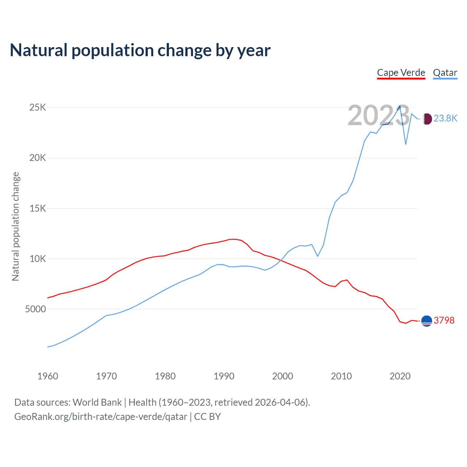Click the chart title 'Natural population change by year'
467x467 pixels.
coord(140,50)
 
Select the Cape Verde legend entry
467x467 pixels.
coord(401,73)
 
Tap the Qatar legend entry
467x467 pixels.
coord(445,73)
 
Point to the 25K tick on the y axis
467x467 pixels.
coord(38,108)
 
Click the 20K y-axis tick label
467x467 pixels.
coord(38,158)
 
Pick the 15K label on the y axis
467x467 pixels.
coord(38,208)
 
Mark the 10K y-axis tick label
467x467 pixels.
coord(38,259)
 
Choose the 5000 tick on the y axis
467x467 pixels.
coord(35,309)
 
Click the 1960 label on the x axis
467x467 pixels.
coord(48,376)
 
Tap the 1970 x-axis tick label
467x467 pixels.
coord(107,376)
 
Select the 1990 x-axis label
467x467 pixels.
coord(224,376)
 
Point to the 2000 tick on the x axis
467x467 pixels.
coord(283,376)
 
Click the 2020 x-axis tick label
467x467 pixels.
coord(400,376)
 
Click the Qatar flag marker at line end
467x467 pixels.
coord(427,119)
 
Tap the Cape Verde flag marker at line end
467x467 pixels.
coord(427,321)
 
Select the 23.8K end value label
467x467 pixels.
coord(445,119)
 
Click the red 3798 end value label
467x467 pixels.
coord(444,321)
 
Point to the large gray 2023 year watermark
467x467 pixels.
coord(379,115)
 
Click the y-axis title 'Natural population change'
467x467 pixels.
coord(16,226)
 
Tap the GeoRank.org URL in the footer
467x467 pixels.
coord(101,417)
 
